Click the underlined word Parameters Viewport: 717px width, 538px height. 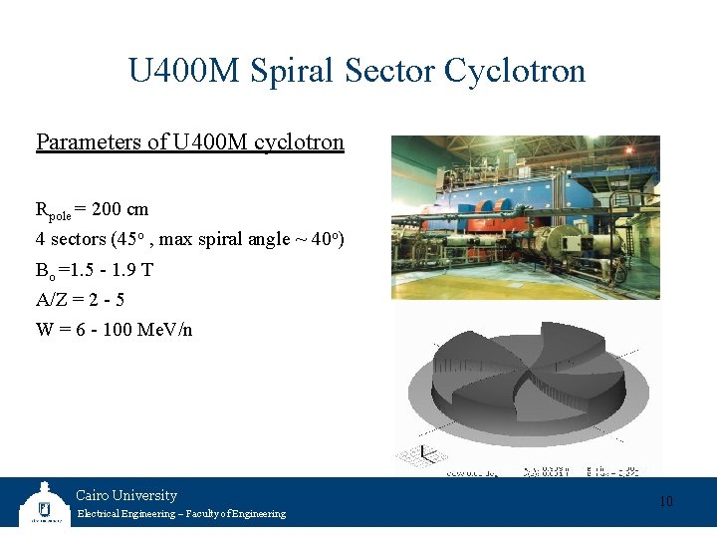(88, 142)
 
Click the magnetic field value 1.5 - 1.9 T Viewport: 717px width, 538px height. (112, 270)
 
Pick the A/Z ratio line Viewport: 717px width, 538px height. (80, 300)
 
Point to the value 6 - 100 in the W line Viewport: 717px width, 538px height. (103, 330)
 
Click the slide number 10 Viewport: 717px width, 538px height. (665, 501)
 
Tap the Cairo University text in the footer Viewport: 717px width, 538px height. (126, 495)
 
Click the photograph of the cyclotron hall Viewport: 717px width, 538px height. (525, 217)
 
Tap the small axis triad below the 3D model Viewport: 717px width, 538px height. (424, 453)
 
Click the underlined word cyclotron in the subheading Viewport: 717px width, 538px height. (300, 142)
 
